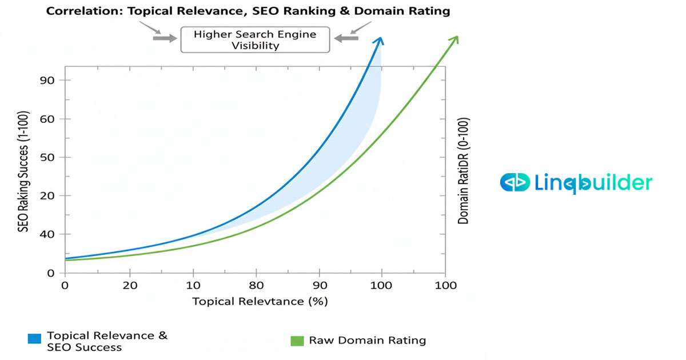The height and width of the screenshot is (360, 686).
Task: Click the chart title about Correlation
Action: pos(248,11)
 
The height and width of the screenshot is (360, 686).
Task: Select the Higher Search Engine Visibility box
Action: pos(255,39)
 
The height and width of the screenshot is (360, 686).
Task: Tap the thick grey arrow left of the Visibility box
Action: pos(165,38)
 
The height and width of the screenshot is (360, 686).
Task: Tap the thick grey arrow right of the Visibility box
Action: pos(346,38)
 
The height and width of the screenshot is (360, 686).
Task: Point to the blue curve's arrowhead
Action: pos(379,41)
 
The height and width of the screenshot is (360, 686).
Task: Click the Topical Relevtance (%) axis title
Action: pos(260,301)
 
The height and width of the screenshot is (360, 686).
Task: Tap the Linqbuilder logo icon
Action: pos(514,183)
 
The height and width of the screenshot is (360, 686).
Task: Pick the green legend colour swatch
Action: pos(297,341)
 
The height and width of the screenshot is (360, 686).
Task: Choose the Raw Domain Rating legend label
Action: pos(368,341)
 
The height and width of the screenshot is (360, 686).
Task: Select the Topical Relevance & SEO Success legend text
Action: pos(107,341)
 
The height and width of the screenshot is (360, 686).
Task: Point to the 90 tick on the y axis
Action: pos(47,81)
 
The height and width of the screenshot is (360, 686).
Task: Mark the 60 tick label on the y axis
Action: pos(47,119)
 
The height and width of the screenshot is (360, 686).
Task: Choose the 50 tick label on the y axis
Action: pos(47,157)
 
